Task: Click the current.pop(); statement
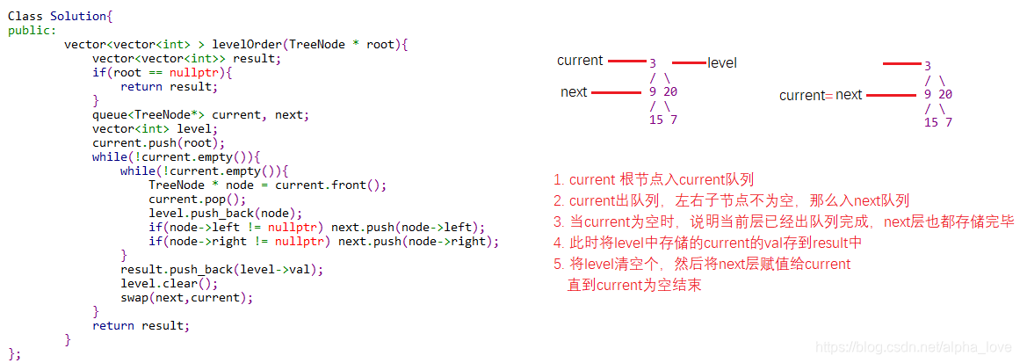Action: tap(198, 199)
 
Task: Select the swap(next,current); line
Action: tap(187, 297)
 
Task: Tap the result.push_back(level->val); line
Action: tap(222, 269)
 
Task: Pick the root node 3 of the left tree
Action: tap(653, 63)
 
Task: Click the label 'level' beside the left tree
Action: tap(722, 63)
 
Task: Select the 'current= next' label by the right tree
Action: tap(821, 95)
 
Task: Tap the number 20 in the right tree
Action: tap(945, 94)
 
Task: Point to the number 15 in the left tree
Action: tap(656, 120)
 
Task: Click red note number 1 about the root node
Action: tap(654, 179)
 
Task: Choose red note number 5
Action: tap(702, 264)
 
